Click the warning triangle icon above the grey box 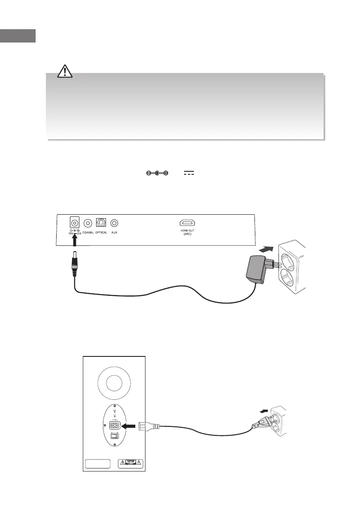coord(65,71)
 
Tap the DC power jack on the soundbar coord(75,223)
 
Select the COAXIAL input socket coord(88,223)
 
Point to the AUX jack coord(115,223)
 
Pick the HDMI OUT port coord(188,223)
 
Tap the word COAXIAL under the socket coord(88,232)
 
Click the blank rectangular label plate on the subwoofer coord(98,464)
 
